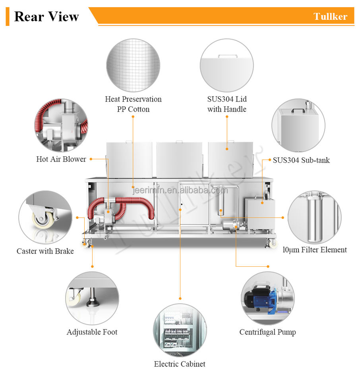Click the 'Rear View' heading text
[x=46, y=17]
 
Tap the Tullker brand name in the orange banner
[x=330, y=16]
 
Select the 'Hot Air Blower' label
[x=61, y=159]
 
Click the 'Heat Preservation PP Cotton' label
[x=133, y=104]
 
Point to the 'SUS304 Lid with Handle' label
[x=226, y=104]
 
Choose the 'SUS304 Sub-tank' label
[x=301, y=160]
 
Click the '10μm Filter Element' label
[x=315, y=250]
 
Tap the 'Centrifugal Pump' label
[x=267, y=332]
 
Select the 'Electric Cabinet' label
[x=180, y=364]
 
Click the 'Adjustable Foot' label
[x=92, y=332]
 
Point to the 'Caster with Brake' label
[x=45, y=251]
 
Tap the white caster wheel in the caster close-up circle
[x=41, y=219]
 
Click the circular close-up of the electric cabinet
[x=180, y=330]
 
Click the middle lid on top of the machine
[x=179, y=160]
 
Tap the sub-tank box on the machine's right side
[x=257, y=212]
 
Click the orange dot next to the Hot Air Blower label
[x=91, y=159]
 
